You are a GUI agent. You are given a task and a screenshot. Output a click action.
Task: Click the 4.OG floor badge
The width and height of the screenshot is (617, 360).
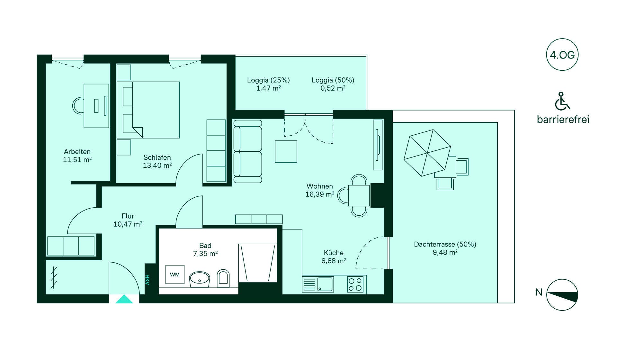click(562, 55)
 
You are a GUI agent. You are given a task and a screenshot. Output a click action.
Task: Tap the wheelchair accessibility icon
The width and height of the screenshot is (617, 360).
click(562, 101)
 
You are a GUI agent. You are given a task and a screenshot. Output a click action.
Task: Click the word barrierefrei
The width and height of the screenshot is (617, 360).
click(563, 120)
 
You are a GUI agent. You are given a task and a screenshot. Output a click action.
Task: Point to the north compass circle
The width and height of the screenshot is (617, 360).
click(562, 295)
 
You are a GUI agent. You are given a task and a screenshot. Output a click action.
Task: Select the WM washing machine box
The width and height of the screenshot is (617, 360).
click(175, 274)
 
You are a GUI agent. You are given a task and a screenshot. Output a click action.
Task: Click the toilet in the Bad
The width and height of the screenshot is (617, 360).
click(223, 278)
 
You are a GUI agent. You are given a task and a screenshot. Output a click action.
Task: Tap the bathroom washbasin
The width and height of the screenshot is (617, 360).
click(200, 279)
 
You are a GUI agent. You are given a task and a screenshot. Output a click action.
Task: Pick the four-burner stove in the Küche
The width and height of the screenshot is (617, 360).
click(355, 284)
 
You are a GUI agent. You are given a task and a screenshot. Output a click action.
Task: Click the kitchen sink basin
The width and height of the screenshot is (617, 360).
click(325, 284)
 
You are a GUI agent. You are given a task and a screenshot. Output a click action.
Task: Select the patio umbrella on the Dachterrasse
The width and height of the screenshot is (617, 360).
click(427, 153)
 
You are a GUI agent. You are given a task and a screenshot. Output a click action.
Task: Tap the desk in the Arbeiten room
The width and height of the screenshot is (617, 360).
click(96, 106)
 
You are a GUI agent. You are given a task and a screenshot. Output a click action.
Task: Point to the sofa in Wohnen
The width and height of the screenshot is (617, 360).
click(247, 151)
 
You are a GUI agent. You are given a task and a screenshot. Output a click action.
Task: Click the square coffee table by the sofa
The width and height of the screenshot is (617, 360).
click(286, 151)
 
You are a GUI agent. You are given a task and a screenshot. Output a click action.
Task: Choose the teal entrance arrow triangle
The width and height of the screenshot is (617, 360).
click(124, 299)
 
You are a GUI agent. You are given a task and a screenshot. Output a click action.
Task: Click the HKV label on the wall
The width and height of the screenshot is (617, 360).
click(147, 280)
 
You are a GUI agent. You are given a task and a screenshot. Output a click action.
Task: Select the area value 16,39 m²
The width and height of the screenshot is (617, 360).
click(320, 194)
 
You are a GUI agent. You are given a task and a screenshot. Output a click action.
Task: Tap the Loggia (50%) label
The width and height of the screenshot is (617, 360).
click(333, 80)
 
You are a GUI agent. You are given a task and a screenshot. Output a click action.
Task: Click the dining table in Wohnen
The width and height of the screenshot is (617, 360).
click(359, 195)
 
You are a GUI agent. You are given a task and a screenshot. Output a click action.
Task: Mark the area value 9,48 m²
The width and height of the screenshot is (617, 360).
click(445, 252)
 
